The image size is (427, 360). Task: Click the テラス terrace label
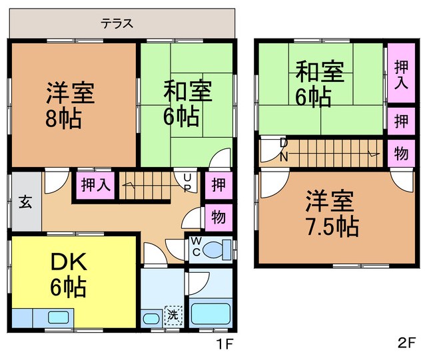pos(117,23)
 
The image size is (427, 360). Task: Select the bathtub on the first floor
pos(211,313)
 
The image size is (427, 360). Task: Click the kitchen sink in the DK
pos(58,317)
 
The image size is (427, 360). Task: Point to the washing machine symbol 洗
pos(173,315)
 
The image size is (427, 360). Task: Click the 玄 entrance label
pos(25,202)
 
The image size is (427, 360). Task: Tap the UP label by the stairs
pos(187,183)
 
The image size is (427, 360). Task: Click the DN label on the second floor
pos(284,150)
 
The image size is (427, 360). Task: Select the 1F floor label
pos(224,343)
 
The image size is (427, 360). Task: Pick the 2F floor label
pos(406,343)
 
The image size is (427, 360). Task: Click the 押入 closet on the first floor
pos(95,185)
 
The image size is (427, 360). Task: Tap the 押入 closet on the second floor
pos(401,73)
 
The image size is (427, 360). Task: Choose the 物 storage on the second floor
pos(401,153)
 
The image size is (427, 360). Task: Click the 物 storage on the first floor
pos(218,218)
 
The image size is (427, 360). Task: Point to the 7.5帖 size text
pos(333,226)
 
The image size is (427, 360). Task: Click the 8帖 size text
pos(64,118)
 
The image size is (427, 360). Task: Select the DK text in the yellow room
pos(69,262)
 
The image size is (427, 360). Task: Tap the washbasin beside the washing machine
pos(151,319)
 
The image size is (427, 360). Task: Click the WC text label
pos(197,246)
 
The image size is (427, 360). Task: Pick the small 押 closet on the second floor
pos(401,121)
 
